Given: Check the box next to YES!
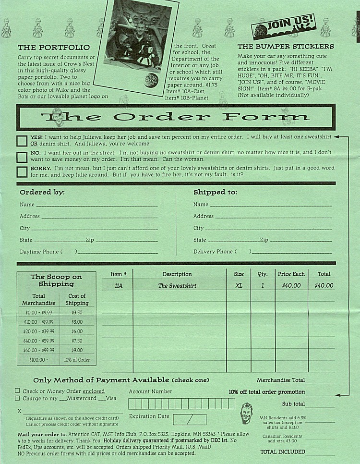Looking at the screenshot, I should coord(22,141).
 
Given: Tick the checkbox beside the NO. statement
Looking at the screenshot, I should coord(22,157).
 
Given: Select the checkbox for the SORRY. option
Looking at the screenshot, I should coord(22,172).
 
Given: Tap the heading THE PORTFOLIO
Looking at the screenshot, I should coord(53,48).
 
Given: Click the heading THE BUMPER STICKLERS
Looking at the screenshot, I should coord(286,47).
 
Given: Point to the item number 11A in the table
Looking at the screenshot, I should coord(118,285).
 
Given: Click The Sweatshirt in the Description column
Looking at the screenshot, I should coord(177,286).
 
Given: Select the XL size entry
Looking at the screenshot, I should coord(239,285).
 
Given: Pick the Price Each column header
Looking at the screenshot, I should coord(291,274).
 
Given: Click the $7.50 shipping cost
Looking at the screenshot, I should coord(77,341).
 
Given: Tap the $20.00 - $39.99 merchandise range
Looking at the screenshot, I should coord(39,331).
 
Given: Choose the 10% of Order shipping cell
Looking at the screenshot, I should coord(77,359).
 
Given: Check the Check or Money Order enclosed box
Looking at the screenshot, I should coord(18,391).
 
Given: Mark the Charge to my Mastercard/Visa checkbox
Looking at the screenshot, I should coord(18,398).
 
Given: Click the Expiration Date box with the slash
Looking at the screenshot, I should coord(189,419).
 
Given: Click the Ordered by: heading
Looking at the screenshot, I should coord(42,192).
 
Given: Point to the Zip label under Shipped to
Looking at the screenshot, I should coord(264,240).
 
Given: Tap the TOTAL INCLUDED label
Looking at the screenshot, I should coord(282,452).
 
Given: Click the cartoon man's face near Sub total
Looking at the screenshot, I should coord(246,413).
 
